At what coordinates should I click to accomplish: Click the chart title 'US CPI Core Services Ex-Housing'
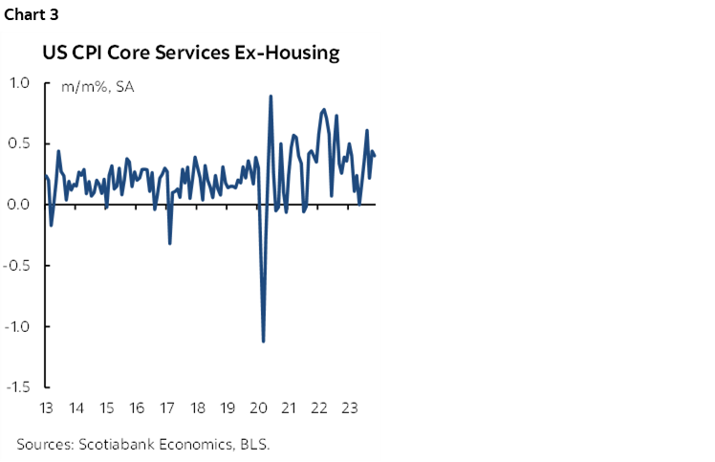(x=190, y=54)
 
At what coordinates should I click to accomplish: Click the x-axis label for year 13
(x=46, y=408)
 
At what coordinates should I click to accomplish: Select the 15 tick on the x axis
(x=106, y=408)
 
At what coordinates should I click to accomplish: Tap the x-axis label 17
(x=167, y=408)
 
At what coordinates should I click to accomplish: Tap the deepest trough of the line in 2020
(x=263, y=341)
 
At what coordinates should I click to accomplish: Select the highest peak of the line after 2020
(x=271, y=96)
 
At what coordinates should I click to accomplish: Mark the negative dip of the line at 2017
(x=170, y=243)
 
